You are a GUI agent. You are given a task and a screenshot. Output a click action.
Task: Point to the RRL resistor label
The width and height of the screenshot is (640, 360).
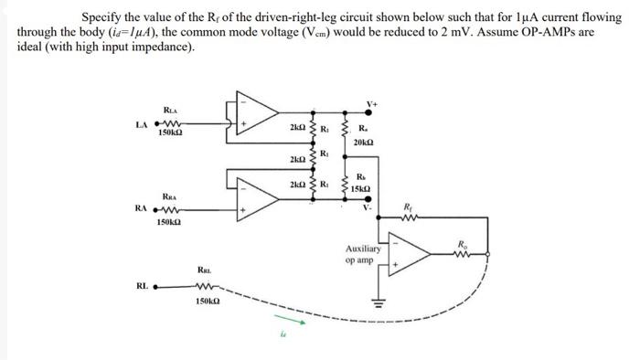(206, 269)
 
